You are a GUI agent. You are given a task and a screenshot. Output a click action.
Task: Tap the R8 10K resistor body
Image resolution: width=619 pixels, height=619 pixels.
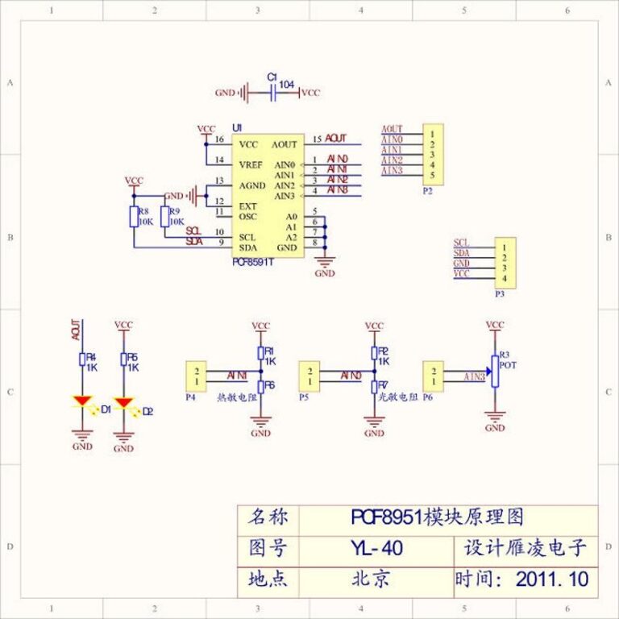(134, 216)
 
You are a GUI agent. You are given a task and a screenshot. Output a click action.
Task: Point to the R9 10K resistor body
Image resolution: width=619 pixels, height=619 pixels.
(164, 216)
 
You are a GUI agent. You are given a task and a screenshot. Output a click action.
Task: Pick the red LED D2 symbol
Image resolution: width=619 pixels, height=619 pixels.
(123, 401)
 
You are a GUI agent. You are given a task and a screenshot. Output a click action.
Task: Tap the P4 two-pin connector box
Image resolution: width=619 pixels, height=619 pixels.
(196, 376)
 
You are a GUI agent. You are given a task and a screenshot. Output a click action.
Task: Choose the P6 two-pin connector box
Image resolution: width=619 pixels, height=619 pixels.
(434, 376)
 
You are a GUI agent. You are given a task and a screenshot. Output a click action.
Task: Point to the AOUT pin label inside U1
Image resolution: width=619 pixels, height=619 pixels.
(284, 145)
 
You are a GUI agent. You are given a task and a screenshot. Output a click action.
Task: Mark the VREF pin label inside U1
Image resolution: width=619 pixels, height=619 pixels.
(251, 164)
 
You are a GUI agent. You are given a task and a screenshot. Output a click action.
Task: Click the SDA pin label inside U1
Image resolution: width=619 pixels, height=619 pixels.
(247, 247)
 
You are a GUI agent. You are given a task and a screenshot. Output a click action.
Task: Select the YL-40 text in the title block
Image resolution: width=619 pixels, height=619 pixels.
(376, 549)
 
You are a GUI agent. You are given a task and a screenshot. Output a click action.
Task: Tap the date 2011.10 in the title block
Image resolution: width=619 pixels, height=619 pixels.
(552, 579)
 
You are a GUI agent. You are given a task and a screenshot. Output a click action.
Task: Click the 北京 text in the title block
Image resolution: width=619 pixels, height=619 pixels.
(371, 579)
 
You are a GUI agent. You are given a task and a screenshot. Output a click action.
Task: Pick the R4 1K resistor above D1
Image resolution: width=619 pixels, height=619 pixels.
(82, 359)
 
